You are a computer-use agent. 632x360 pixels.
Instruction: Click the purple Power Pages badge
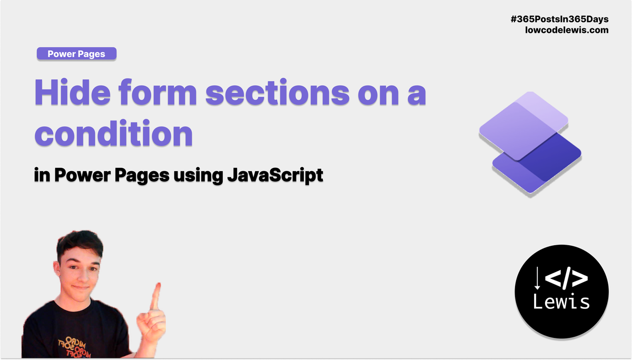point(76,54)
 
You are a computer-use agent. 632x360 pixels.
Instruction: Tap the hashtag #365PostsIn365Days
point(559,19)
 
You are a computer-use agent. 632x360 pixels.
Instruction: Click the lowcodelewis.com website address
point(567,30)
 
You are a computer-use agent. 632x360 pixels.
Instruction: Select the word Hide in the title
point(73,92)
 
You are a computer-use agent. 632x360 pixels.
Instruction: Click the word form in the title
point(157,92)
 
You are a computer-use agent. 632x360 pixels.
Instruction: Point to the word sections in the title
point(278,92)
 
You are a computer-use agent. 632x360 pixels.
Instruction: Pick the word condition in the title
point(113,133)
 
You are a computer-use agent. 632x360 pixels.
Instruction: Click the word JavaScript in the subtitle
point(275,175)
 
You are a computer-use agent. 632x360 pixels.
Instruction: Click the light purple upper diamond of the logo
point(524,126)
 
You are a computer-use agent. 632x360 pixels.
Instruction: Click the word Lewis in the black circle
point(561,301)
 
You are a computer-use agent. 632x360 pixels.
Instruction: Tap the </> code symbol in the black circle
point(566,278)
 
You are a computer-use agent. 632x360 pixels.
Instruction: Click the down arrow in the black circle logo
point(537,278)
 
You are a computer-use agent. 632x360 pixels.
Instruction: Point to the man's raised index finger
point(155,296)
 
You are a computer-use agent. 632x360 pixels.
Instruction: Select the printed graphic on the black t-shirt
point(74,346)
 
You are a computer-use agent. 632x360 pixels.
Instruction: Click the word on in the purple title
point(378,94)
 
